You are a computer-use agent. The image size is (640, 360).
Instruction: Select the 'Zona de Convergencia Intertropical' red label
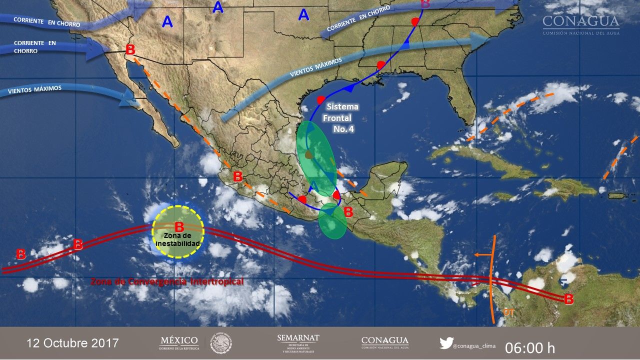pos(167,282)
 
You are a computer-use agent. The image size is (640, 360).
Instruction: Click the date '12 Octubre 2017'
pos(72,343)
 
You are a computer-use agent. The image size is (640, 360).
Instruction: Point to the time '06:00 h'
pos(529,347)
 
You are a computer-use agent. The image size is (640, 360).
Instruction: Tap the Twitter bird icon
pos(446,343)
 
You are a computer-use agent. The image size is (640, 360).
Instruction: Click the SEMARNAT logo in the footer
pos(298,343)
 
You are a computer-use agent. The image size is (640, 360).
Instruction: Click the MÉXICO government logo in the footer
pos(178,343)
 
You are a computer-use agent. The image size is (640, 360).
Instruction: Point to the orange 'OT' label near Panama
pos(508,311)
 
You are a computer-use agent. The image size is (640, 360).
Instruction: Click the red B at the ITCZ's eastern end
pos(568,299)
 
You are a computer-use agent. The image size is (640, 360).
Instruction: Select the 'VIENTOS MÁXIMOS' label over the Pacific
pos(35,90)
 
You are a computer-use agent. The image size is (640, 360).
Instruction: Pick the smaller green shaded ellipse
pos(332,221)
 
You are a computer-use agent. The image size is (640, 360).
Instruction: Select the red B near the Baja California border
pos(130,49)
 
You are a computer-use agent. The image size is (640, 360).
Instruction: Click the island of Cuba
pos(480,160)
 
